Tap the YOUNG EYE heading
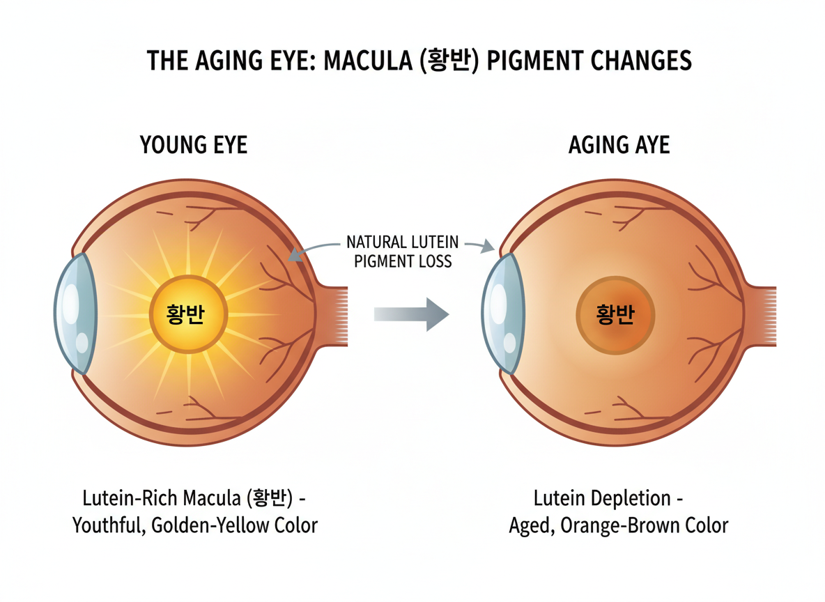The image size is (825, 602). [x=194, y=145]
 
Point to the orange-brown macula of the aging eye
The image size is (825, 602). [x=615, y=315]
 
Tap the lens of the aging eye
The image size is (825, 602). [x=502, y=314]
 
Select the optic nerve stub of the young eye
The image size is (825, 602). [x=332, y=316]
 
